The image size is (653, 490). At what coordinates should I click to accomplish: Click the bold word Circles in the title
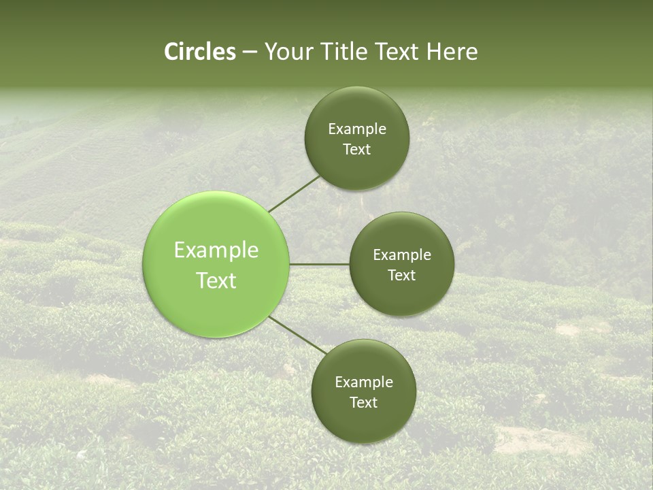(x=200, y=52)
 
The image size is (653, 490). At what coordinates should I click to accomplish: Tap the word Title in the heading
(x=344, y=52)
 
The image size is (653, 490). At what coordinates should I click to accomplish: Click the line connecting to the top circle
(x=294, y=193)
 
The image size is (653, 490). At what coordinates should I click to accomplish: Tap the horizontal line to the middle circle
(x=320, y=264)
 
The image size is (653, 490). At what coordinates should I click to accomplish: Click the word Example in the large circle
(x=216, y=250)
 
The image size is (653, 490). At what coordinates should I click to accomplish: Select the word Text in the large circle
(x=216, y=280)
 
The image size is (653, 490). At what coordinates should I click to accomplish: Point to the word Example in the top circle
(x=357, y=129)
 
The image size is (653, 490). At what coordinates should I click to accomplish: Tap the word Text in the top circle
(x=357, y=150)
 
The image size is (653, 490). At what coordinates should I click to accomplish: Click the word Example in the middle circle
(x=402, y=255)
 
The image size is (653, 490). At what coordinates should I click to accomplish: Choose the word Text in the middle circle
(x=402, y=276)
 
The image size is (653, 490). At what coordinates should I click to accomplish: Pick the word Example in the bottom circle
(x=364, y=382)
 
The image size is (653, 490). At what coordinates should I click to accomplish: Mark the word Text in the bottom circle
(x=364, y=403)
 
